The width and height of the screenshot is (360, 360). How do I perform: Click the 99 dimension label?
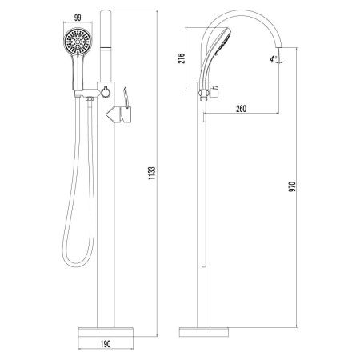(x=78, y=18)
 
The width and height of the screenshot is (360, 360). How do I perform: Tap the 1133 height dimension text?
(x=151, y=173)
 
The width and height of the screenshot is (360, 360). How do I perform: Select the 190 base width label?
(x=106, y=344)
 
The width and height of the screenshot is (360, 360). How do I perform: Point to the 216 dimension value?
(x=182, y=58)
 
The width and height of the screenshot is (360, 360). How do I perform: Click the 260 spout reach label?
(x=241, y=109)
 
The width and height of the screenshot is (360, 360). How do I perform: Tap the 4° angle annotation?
(x=273, y=59)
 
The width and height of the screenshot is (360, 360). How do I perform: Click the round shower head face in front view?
(x=78, y=42)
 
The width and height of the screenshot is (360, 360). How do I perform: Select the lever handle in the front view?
(x=126, y=114)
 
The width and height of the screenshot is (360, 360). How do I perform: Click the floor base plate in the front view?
(x=106, y=332)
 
